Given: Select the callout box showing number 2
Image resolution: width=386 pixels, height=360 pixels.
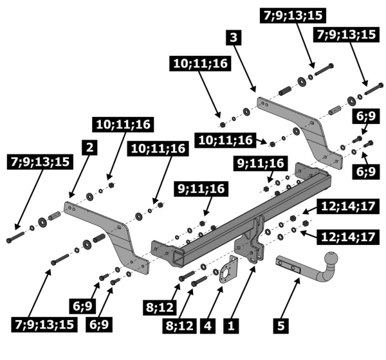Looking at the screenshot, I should (90, 147).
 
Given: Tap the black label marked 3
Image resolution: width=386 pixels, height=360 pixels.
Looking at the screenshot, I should (235, 38).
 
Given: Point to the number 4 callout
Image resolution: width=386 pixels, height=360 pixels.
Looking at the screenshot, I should (207, 325).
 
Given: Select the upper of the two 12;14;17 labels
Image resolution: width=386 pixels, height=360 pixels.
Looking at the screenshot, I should (339, 206).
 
